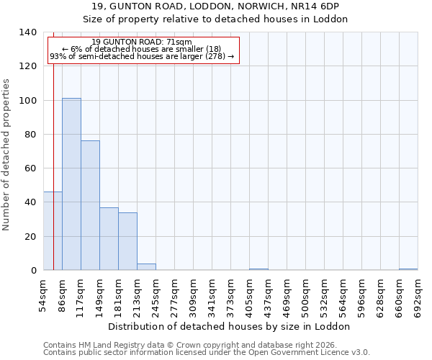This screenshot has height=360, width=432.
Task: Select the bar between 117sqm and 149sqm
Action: (90, 206)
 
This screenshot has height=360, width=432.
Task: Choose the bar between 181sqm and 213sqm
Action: (127, 242)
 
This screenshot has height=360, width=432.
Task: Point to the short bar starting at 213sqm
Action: (146, 267)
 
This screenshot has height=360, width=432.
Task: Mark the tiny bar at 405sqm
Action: (258, 269)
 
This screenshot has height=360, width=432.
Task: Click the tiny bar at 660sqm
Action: (408, 269)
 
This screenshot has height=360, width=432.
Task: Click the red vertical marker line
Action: (53, 158)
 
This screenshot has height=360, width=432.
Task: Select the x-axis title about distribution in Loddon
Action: (230, 326)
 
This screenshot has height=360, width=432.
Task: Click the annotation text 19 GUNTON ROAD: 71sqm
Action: (142, 42)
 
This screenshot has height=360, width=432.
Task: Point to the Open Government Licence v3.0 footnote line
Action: (207, 353)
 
